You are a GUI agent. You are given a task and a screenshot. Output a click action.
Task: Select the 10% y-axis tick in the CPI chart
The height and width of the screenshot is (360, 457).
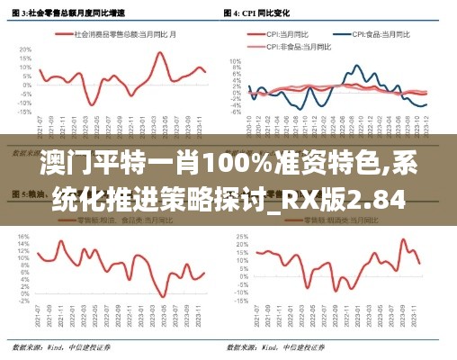click(x=237, y=61)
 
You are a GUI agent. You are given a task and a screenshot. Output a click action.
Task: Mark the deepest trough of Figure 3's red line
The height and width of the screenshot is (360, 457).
click(x=94, y=105)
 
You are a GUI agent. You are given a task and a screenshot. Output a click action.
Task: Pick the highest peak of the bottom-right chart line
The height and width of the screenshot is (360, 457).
click(x=403, y=239)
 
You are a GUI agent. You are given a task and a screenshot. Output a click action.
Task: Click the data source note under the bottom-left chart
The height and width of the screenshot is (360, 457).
click(x=59, y=346)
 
